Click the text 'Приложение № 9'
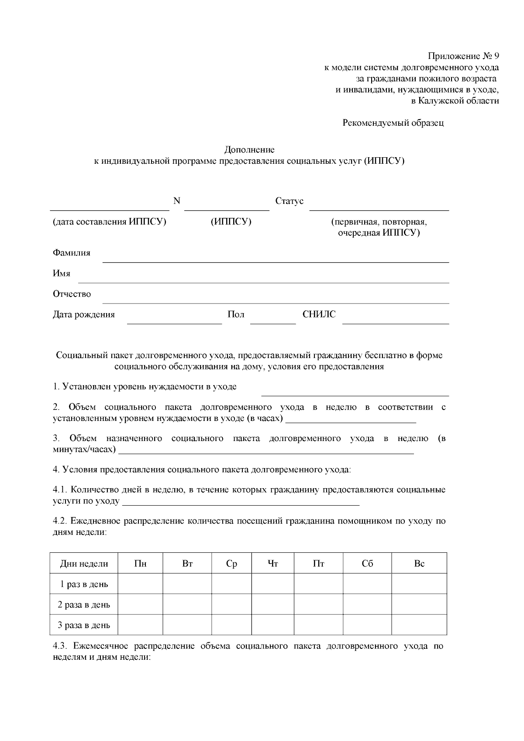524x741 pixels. pyautogui.click(x=463, y=56)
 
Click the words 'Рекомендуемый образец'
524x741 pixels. pyautogui.click(x=393, y=123)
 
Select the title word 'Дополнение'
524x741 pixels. pyautogui.click(x=249, y=150)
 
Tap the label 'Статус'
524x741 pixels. pyautogui.click(x=289, y=201)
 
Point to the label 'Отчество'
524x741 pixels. pyautogui.click(x=72, y=294)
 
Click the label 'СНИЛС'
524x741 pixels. pyautogui.click(x=319, y=314)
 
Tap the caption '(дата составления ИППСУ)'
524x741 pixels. pyautogui.click(x=110, y=222)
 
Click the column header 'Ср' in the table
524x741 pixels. pyautogui.click(x=231, y=564)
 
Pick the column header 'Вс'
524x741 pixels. pyautogui.click(x=419, y=564)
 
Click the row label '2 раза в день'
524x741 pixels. pyautogui.click(x=84, y=605)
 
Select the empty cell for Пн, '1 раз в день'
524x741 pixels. pyautogui.click(x=140, y=584)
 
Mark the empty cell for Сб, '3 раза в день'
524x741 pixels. pyautogui.click(x=367, y=625)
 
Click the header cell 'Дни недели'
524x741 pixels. pyautogui.click(x=84, y=564)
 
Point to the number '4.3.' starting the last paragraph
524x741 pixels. pyautogui.click(x=60, y=646)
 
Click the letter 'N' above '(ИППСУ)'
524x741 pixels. pyautogui.click(x=177, y=201)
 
